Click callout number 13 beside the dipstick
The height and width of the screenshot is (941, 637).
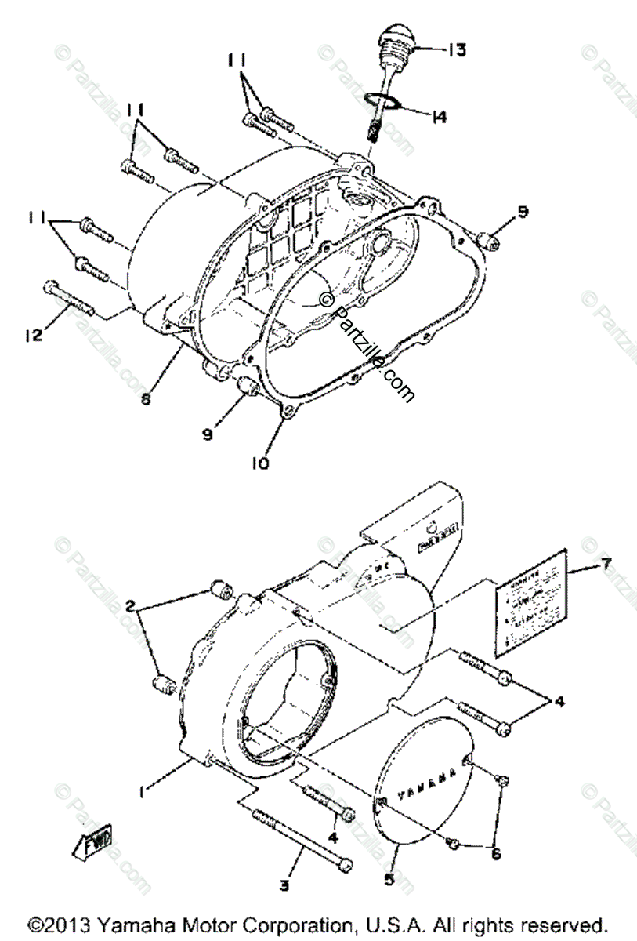point(457,50)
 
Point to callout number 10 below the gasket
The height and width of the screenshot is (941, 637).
point(260,463)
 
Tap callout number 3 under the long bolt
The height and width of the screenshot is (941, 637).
point(284,885)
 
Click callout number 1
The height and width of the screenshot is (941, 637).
point(142,794)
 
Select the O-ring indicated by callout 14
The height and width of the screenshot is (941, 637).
point(383,100)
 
